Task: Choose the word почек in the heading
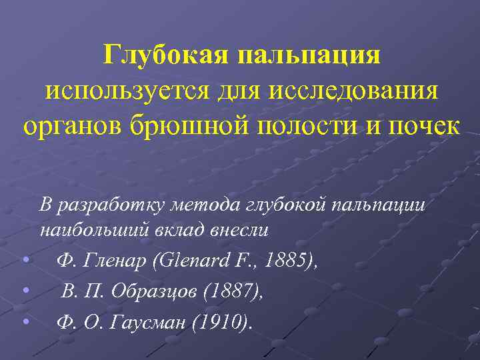(418, 126)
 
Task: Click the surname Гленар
(116, 261)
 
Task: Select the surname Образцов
(146, 291)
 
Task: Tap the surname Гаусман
(150, 323)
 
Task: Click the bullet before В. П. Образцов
(25, 290)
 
